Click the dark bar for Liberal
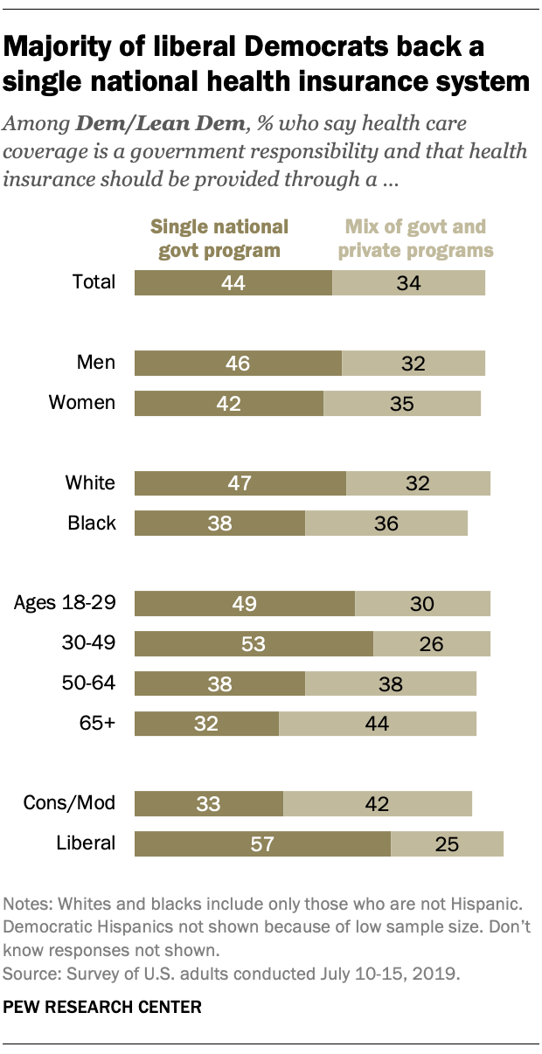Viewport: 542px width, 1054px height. [x=262, y=843]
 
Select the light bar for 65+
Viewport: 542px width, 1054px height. [x=378, y=723]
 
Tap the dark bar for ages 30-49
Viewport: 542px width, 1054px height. [x=254, y=643]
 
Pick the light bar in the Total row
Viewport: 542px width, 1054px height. [x=408, y=282]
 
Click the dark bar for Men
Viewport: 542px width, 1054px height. [x=238, y=363]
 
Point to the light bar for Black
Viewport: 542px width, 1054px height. [x=386, y=523]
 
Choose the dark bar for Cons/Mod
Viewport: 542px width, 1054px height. [x=209, y=803]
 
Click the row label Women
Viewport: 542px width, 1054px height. [x=81, y=402]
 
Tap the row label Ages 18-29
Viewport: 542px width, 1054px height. [x=66, y=602]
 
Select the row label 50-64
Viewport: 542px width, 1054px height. [x=87, y=683]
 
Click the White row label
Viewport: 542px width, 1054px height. [x=90, y=482]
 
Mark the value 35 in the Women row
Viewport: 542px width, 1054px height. [x=403, y=403]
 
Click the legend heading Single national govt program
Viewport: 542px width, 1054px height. [x=219, y=239]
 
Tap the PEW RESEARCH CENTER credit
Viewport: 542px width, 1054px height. [x=103, y=1008]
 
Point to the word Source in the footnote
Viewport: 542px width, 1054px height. [x=27, y=970]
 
